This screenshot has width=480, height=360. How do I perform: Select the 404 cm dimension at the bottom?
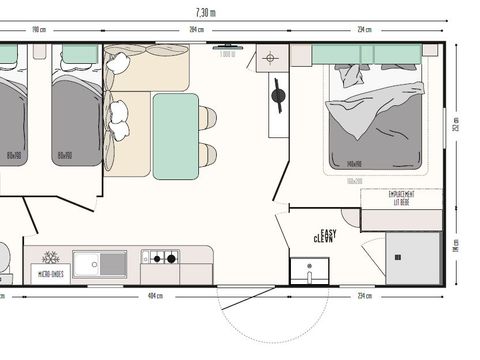[x=154, y=297]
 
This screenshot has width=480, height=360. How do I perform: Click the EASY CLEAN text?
[x=325, y=236]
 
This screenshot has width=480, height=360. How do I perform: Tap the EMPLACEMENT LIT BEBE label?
[x=387, y=198]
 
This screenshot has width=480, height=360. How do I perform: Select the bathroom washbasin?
[x=309, y=271]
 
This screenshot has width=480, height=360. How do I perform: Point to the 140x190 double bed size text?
[x=354, y=165]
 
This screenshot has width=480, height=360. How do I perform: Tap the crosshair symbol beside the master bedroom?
[x=271, y=59]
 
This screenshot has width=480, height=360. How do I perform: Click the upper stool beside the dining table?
[x=207, y=118]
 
